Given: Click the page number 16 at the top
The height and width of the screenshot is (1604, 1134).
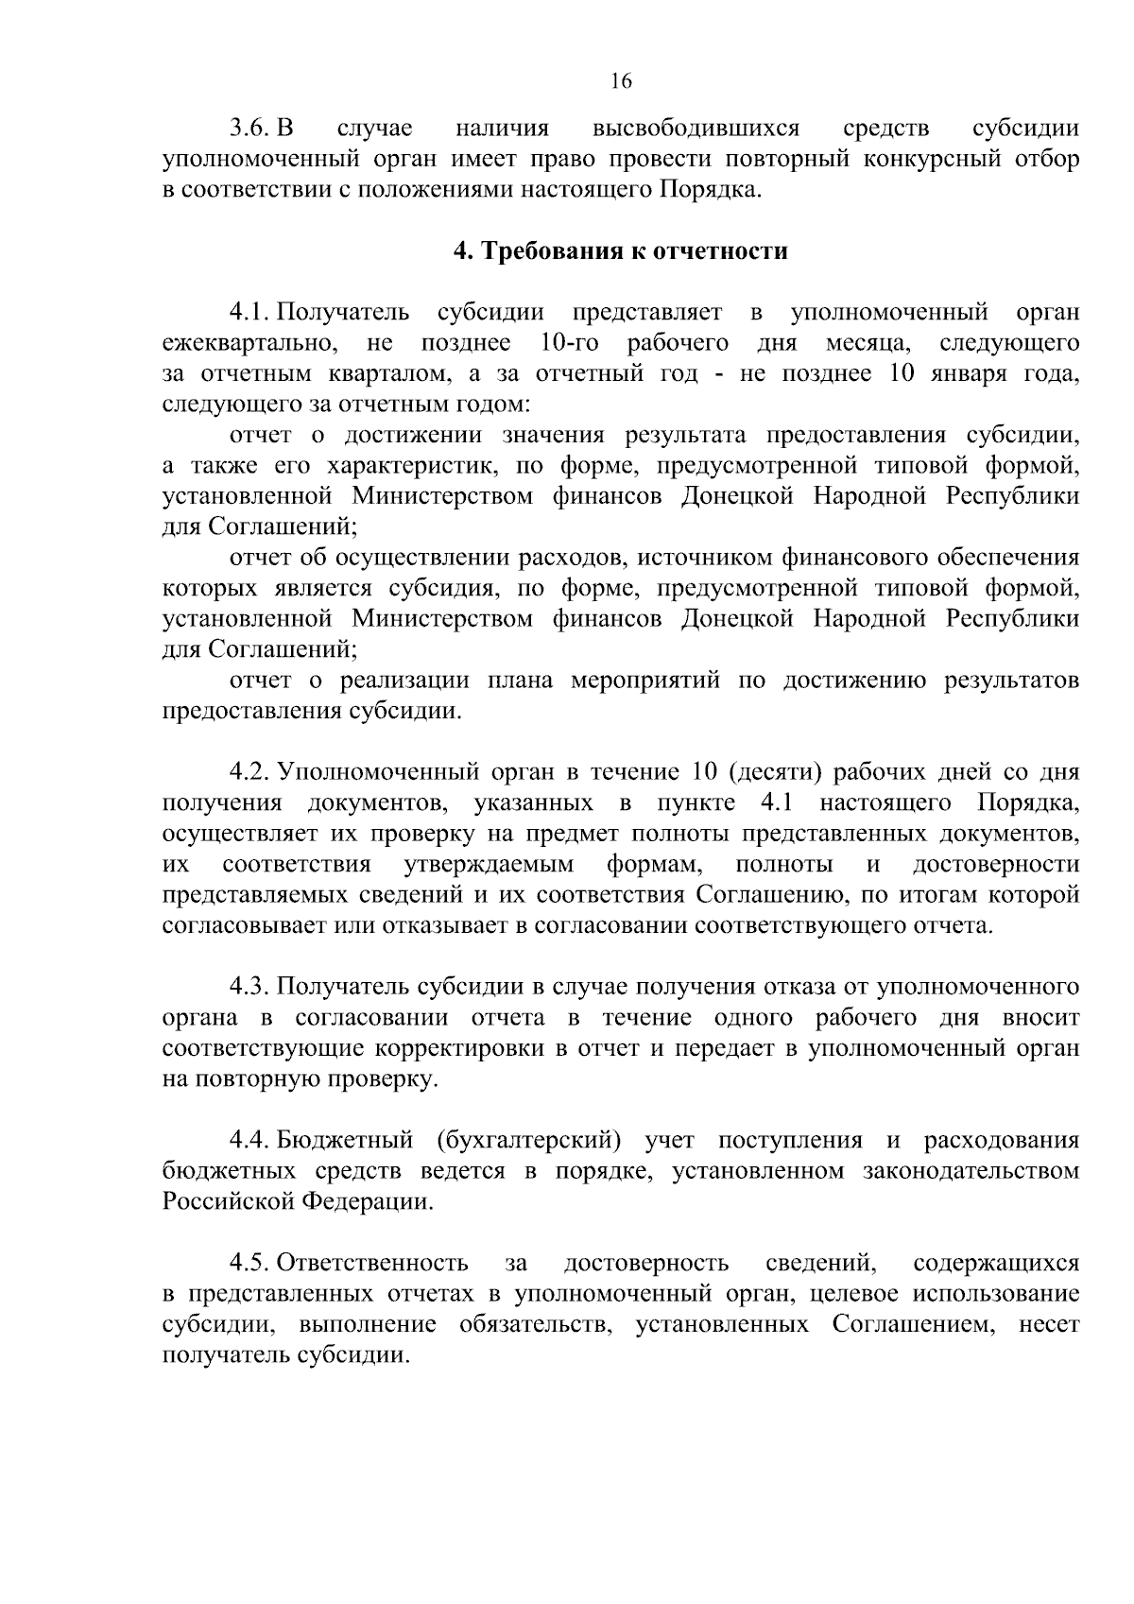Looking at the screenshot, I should tap(620, 81).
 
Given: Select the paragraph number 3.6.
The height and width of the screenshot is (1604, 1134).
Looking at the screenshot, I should tap(252, 128).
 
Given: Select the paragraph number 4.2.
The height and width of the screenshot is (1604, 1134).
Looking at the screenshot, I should tap(251, 772).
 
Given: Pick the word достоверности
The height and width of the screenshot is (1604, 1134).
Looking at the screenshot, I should tap(995, 865).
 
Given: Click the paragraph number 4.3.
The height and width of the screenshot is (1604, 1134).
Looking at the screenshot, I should tap(251, 988).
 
